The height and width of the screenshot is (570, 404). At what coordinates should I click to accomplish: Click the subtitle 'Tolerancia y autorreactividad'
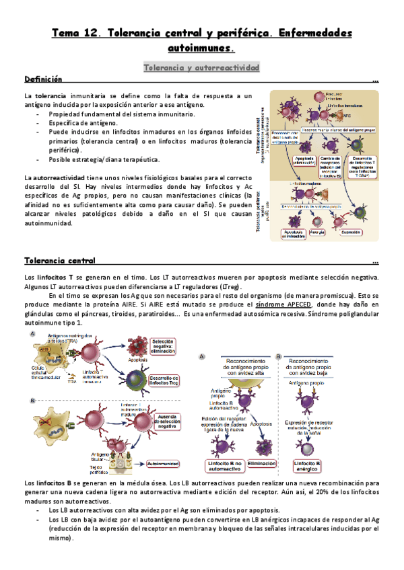(x=202, y=67)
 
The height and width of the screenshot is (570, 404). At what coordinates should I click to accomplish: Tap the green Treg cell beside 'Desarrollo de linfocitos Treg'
(x=137, y=379)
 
